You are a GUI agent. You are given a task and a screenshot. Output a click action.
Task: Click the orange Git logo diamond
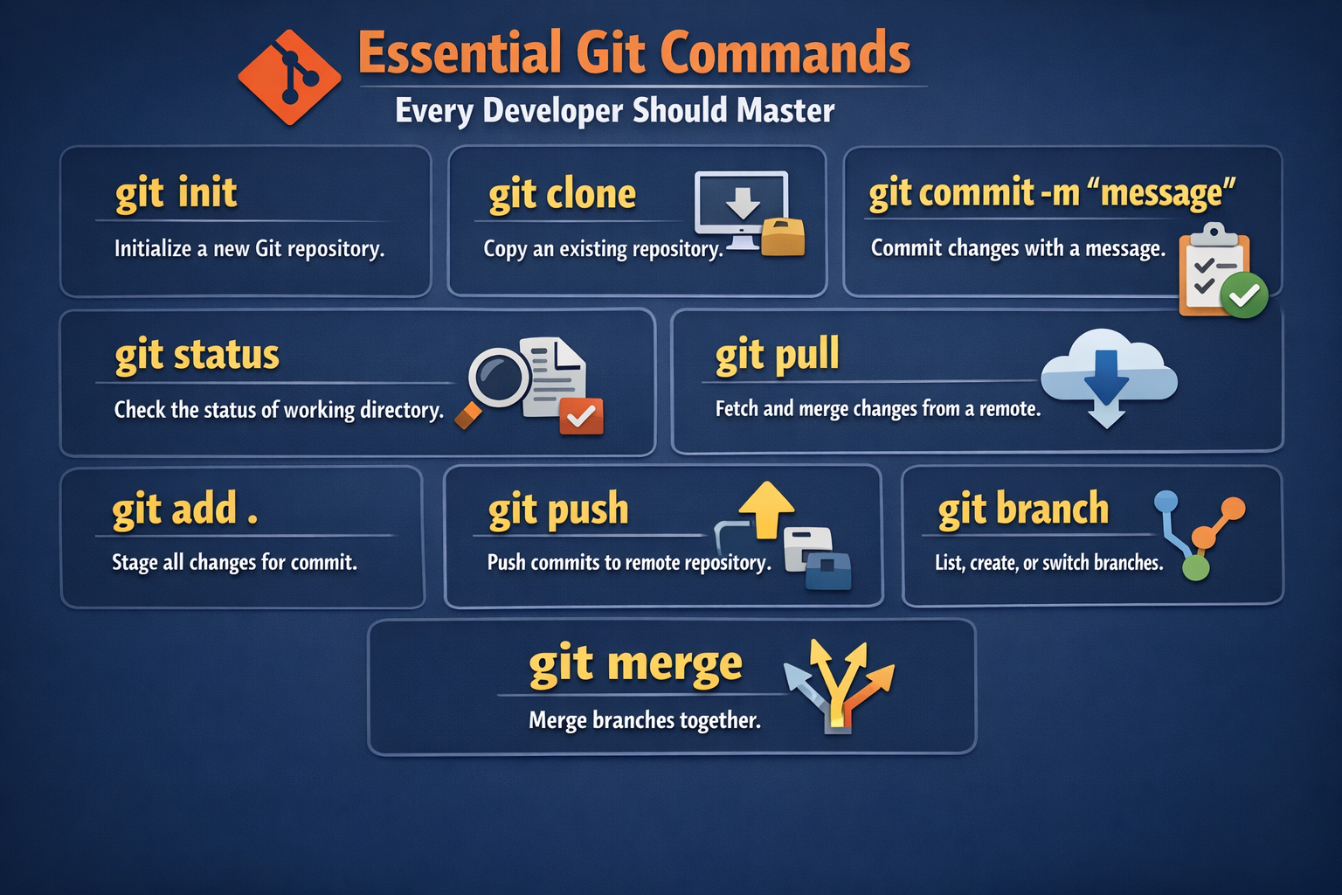(289, 77)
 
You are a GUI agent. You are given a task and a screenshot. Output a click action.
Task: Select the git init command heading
(176, 193)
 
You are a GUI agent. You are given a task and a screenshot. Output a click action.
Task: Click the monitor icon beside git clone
(741, 206)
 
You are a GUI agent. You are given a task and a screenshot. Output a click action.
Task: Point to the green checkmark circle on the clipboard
(1243, 295)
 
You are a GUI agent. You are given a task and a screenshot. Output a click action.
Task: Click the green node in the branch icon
(1195, 568)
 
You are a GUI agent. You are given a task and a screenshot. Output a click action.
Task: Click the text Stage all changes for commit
(234, 562)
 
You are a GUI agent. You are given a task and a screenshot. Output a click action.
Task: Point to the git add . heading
(184, 510)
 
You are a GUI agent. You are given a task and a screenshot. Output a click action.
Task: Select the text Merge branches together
(644, 720)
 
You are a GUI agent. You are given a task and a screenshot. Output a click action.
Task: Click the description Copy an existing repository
(603, 249)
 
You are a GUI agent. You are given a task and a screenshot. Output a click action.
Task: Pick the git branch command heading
(1023, 510)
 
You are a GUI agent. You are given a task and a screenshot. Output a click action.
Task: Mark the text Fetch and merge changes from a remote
(877, 409)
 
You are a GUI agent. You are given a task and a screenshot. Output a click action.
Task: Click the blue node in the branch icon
(1166, 502)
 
